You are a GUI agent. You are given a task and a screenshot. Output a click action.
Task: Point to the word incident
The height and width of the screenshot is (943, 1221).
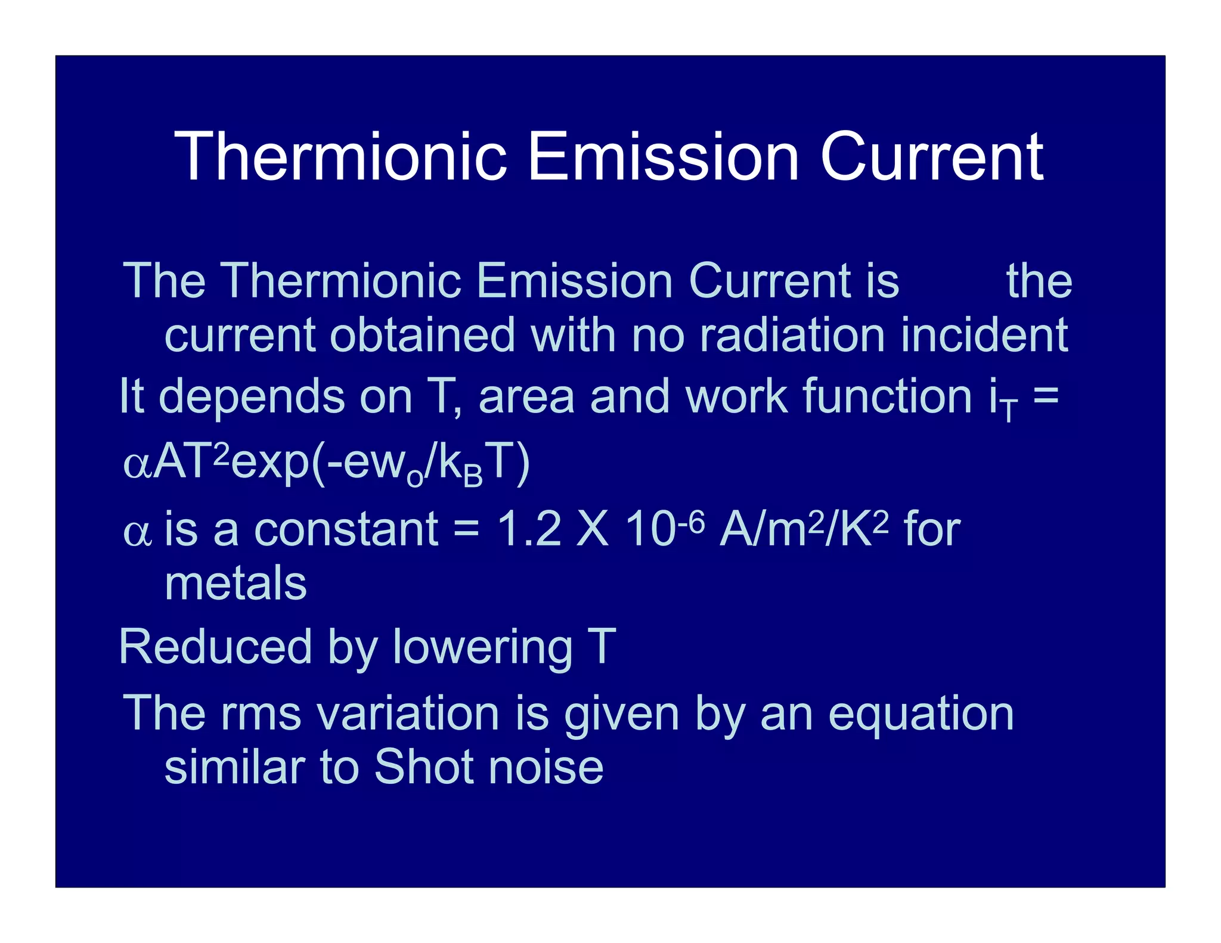[x=984, y=335]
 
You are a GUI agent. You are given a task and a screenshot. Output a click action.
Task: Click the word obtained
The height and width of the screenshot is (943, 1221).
[x=422, y=335]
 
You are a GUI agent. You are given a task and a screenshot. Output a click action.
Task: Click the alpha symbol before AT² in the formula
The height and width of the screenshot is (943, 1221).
[x=137, y=464]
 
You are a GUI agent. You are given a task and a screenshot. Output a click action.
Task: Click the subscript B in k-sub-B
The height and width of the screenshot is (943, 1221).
[x=473, y=477]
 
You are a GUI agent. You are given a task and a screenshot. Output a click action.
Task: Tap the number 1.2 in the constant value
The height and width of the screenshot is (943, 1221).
[x=529, y=529]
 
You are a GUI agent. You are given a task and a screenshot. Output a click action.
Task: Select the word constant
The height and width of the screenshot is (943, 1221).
[x=346, y=529]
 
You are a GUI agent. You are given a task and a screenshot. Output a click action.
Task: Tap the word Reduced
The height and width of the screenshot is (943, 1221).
[x=215, y=647]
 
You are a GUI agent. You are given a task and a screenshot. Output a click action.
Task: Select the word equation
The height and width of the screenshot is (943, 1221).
[x=921, y=714]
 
